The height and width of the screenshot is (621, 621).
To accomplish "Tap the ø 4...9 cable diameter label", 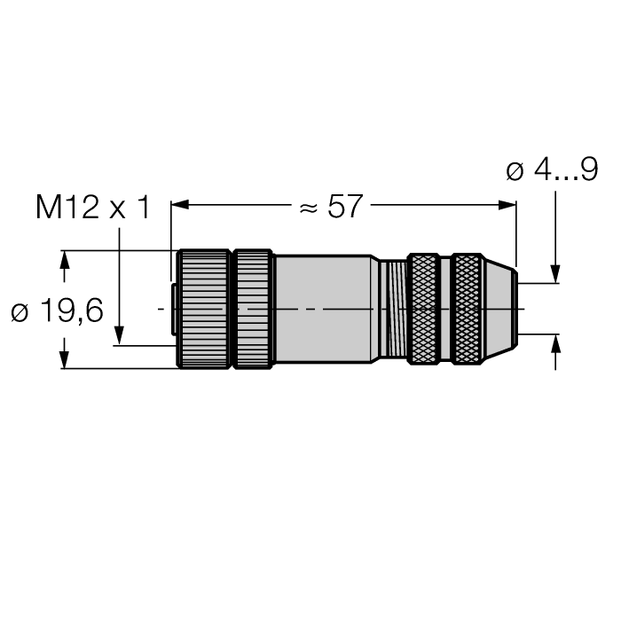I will pos(551,171).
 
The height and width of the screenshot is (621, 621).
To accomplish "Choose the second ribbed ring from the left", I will pos(252,309).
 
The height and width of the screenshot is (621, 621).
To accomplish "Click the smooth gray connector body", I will pos(324,309).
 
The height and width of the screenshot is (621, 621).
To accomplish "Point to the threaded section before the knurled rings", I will pos(391,309).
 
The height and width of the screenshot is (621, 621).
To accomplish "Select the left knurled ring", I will pos(423,309).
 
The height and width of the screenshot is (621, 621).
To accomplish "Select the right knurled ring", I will pos(467,309).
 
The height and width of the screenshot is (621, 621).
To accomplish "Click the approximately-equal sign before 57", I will pos(308,208).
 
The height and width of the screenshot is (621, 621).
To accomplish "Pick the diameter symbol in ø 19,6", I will pos(20,311).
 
